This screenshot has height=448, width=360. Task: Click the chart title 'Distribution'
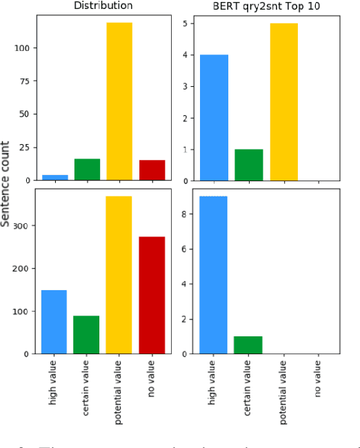tap(103, 6)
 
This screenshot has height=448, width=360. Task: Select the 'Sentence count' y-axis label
tap(6, 184)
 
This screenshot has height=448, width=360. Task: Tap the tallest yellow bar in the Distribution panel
tap(119, 101)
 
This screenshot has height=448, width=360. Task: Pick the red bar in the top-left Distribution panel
tap(152, 170)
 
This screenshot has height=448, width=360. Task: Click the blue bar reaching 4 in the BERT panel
tap(214, 117)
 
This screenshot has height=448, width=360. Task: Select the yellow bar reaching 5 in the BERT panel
tap(283, 101)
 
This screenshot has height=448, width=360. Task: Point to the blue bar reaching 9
tap(214, 275)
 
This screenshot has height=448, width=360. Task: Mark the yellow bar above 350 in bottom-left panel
tap(119, 275)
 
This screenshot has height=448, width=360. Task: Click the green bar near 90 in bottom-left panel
tap(87, 335)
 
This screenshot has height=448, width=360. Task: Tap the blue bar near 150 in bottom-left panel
tap(54, 322)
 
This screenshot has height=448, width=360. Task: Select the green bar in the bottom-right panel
tap(248, 345)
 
